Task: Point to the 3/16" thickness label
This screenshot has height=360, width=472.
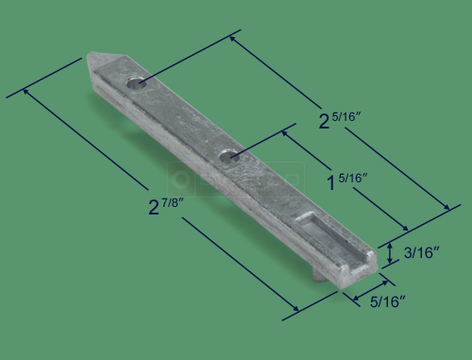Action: click(419, 252)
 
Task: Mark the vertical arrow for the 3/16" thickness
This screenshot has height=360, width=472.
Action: click(390, 252)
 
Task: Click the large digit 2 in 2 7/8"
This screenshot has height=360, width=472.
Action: click(155, 207)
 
